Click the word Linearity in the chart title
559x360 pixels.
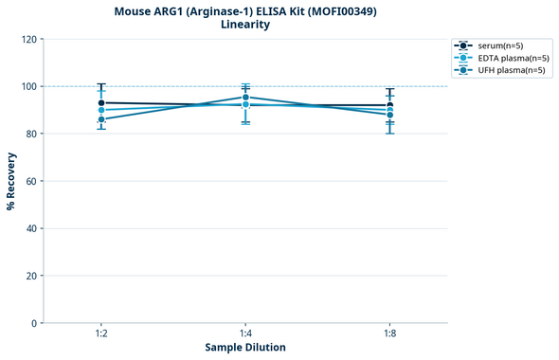pyautogui.click(x=245, y=25)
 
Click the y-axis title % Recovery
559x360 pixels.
pyautogui.click(x=11, y=180)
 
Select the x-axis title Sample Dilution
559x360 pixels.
pyautogui.click(x=245, y=348)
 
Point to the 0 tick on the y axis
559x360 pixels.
pyautogui.click(x=34, y=323)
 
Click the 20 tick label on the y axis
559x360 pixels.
pyautogui.click(x=31, y=276)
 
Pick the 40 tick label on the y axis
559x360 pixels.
pyautogui.click(x=31, y=228)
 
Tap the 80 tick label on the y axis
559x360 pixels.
pyautogui.click(x=31, y=134)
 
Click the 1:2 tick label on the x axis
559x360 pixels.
pyautogui.click(x=101, y=334)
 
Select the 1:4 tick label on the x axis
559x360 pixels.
pyautogui.click(x=245, y=334)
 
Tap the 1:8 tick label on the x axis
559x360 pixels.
pyautogui.click(x=389, y=334)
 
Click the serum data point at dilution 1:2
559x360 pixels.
pyautogui.click(x=101, y=102)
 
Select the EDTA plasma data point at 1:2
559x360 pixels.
pyautogui.click(x=101, y=110)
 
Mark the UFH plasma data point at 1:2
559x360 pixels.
pyautogui.click(x=101, y=119)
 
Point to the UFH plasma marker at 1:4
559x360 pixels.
pyautogui.click(x=245, y=97)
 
